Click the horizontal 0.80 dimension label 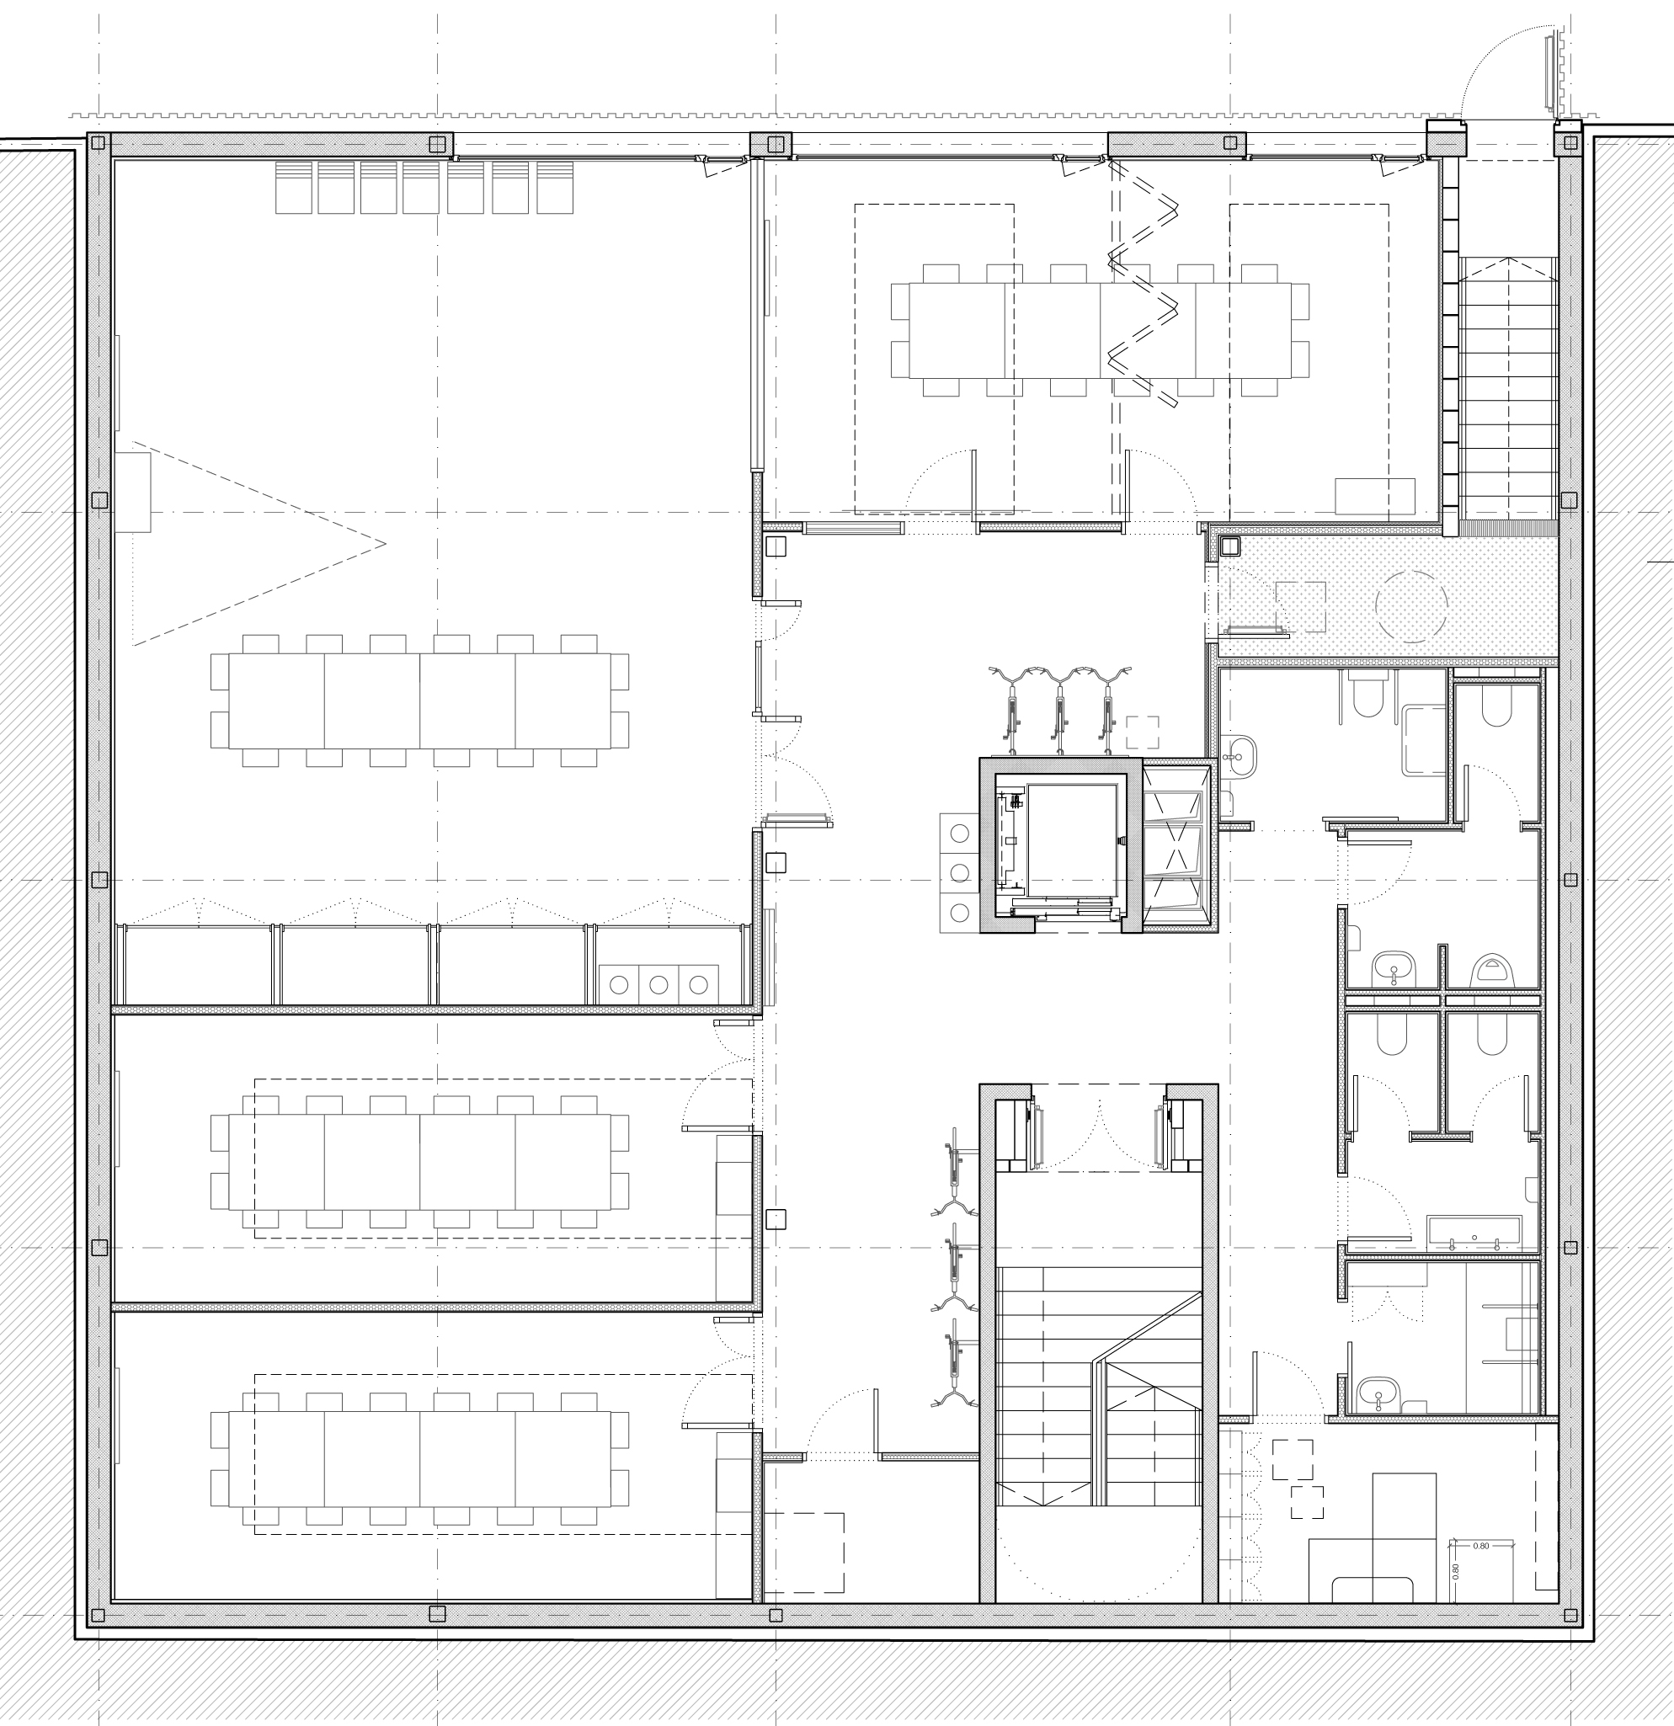[1481, 1570]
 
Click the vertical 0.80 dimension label [1456, 1595]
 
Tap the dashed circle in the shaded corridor [1410, 606]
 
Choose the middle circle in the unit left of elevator [960, 871]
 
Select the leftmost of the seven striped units [293, 188]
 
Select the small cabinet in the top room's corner [1374, 497]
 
